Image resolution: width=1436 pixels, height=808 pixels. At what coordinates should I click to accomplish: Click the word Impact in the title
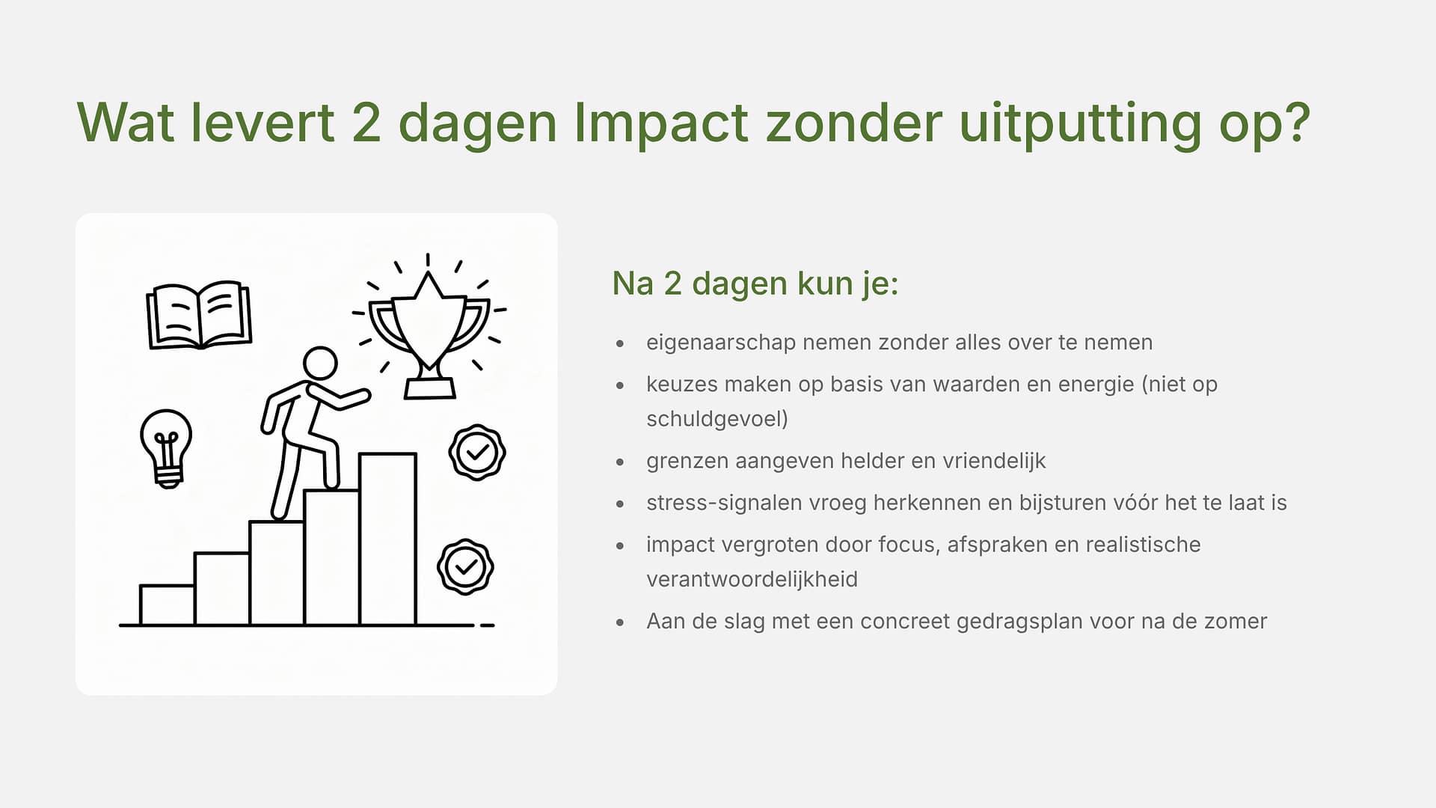tap(661, 123)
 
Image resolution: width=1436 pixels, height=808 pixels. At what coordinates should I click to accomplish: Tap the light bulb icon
tap(166, 448)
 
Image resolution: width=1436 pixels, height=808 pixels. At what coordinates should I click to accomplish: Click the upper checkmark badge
tap(477, 452)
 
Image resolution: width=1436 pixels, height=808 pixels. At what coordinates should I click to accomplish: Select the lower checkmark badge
tap(465, 567)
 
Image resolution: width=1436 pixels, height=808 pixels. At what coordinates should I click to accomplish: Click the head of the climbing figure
tap(320, 364)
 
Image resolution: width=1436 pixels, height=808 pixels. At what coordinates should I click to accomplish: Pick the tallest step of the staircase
tap(387, 539)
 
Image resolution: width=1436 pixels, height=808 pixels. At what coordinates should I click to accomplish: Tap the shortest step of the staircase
tap(168, 605)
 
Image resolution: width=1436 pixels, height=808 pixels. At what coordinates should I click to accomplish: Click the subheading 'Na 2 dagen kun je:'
tap(755, 284)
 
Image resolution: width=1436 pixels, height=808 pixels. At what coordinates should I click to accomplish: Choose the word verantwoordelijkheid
tap(752, 579)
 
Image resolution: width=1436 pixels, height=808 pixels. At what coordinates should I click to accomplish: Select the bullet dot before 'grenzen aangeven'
tap(620, 462)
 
